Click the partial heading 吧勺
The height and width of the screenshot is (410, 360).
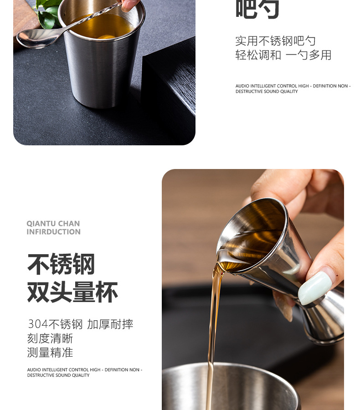point(257,9)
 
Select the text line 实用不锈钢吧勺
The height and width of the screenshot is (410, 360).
point(275,41)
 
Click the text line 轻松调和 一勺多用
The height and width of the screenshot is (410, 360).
point(283,55)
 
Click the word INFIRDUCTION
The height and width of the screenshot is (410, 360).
point(53,232)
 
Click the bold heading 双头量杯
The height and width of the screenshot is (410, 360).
point(72,292)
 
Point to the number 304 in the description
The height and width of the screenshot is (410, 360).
point(37,324)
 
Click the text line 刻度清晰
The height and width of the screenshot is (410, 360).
point(50,338)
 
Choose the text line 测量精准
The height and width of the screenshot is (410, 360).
point(50,353)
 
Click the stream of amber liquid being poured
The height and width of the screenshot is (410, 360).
point(212,328)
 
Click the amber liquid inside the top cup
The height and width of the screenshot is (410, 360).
point(103,27)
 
